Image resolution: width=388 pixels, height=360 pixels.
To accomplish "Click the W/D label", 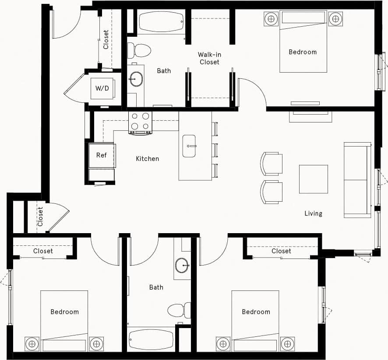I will [x=102, y=88].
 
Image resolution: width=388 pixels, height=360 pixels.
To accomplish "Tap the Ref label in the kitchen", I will [x=102, y=155].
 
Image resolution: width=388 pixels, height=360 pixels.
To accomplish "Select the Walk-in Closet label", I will [x=209, y=58].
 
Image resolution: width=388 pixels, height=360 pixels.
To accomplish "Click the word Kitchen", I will [x=147, y=159].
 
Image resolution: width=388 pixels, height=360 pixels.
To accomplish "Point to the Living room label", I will [x=313, y=213].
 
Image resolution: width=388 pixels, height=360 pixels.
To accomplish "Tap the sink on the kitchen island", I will [x=189, y=146].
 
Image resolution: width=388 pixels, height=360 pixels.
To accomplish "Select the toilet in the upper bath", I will [x=139, y=50].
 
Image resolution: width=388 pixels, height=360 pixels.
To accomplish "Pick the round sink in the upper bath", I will [x=137, y=79].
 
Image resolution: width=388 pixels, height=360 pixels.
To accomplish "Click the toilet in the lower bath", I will [x=179, y=310].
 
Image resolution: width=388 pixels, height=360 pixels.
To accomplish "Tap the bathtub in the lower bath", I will [x=151, y=339].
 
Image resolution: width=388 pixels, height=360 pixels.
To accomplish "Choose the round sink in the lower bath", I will [x=182, y=265].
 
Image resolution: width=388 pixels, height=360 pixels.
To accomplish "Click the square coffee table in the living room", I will [x=313, y=179].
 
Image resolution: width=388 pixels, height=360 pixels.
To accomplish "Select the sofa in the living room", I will [x=358, y=180].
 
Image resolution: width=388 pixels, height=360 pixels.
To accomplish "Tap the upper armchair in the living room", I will [x=272, y=164].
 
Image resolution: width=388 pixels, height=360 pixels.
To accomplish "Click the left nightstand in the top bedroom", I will [x=271, y=19].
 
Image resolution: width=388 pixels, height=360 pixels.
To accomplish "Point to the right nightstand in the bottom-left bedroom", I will [x=96, y=344].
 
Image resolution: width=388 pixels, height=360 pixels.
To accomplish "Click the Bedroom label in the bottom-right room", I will [x=256, y=312].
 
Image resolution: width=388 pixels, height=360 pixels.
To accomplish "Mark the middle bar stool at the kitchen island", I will [x=215, y=150].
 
